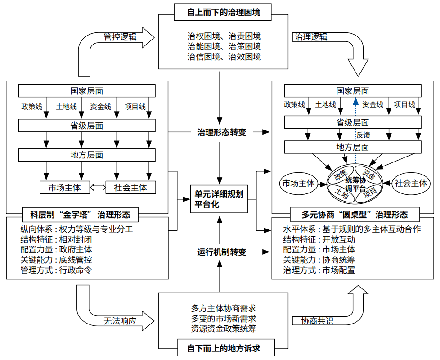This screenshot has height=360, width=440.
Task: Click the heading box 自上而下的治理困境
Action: (x=223, y=13)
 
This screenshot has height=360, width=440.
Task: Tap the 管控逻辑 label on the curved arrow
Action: (x=120, y=37)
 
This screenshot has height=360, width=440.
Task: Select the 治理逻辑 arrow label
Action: (x=311, y=37)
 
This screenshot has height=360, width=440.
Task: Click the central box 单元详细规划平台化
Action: (x=219, y=199)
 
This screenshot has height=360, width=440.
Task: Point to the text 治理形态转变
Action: (x=222, y=132)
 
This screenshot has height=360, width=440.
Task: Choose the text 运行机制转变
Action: (x=222, y=252)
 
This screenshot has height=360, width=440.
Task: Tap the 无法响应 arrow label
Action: (x=120, y=321)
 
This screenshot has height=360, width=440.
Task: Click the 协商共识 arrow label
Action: (x=318, y=321)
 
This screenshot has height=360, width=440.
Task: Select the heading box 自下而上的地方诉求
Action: (x=224, y=348)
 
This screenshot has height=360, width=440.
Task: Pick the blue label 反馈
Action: (x=363, y=135)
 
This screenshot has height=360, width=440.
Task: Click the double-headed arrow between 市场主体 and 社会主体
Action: (x=97, y=188)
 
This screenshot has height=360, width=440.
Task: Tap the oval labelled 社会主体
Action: (x=410, y=183)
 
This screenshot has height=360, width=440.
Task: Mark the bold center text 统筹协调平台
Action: (x=355, y=184)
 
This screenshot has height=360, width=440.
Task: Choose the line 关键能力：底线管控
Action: (x=56, y=260)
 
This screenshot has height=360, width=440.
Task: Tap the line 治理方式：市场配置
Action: (x=319, y=270)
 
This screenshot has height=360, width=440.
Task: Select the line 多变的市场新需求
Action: (x=224, y=319)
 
